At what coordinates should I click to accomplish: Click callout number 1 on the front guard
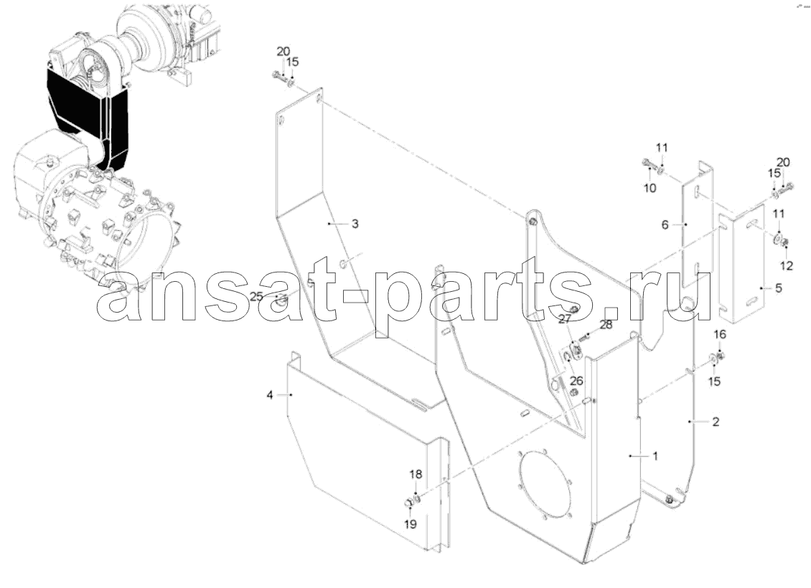pos(655,456)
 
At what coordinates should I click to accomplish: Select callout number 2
pos(716,422)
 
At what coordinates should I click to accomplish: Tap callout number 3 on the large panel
pos(355,224)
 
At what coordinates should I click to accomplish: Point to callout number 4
pos(269,395)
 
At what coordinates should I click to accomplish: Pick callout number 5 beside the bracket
pos(779,288)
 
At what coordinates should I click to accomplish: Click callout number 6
pos(665,224)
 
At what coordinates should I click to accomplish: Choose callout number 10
pos(650,188)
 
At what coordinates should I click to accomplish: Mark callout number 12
pos(786,265)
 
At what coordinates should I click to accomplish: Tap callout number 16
pos(720,334)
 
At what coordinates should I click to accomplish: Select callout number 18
pos(416,474)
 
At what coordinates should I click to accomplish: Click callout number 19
pos(410,524)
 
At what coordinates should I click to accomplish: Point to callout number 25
pos(256,297)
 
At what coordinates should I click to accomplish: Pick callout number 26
pos(576,381)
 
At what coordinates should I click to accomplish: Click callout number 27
pos(564,320)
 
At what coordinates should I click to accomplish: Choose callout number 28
pos(606,325)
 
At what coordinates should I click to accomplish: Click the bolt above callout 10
pos(647,163)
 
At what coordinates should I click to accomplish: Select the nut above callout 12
pos(784,242)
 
